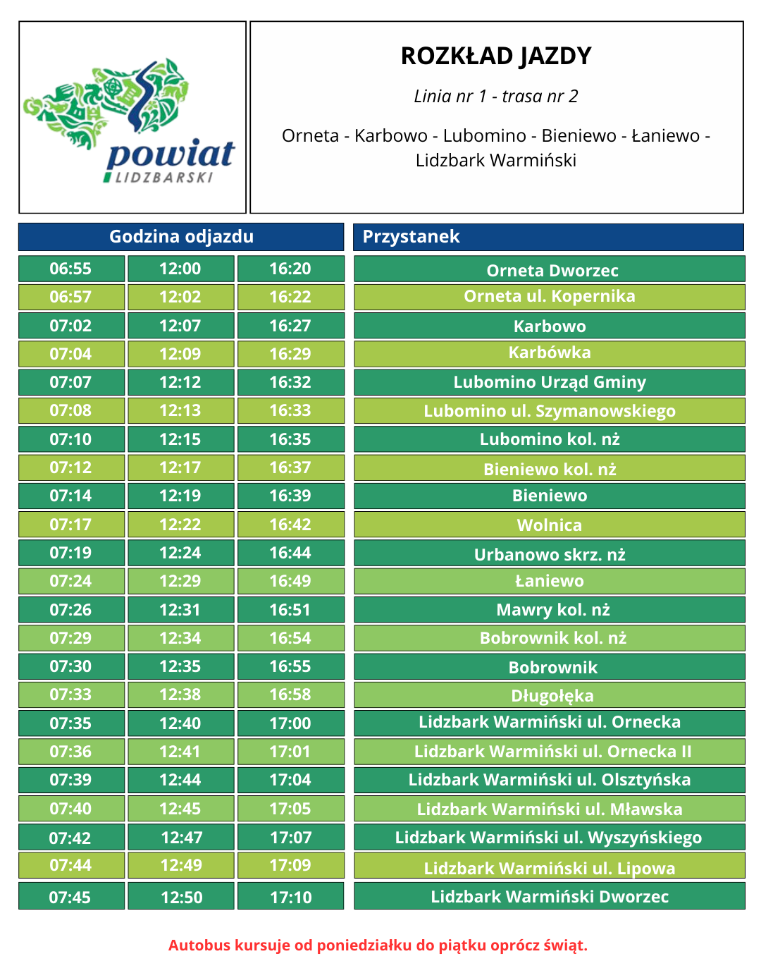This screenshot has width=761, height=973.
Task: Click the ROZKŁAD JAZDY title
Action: [x=496, y=56]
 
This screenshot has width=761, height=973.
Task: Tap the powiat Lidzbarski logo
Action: [x=132, y=118]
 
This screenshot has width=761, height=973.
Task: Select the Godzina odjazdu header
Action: [x=181, y=237]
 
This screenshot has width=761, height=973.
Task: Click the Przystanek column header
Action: [x=411, y=237]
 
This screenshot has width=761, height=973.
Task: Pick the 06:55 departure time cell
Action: [x=70, y=269]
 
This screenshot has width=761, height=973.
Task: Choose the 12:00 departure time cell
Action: [x=180, y=269]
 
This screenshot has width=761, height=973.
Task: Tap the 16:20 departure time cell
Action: [x=290, y=269]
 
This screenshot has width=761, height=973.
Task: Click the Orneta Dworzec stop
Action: [x=552, y=270]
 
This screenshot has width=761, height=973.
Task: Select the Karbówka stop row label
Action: [x=550, y=353]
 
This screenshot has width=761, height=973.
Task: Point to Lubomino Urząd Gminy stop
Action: [x=550, y=382]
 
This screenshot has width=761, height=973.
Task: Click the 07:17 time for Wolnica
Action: [x=70, y=525]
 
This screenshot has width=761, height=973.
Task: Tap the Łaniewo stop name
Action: [x=550, y=581]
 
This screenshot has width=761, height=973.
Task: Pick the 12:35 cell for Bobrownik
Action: [x=180, y=666]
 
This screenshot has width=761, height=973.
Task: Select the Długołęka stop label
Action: [x=552, y=696]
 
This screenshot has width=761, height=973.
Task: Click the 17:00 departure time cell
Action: [x=290, y=723]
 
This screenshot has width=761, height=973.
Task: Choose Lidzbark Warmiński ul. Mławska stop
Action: [x=550, y=809]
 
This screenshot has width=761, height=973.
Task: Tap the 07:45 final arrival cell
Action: [x=70, y=898]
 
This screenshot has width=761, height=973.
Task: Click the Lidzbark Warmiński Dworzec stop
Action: [x=550, y=897]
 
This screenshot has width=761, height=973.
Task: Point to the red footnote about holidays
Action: [x=378, y=945]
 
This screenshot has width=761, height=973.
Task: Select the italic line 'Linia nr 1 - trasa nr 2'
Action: [x=496, y=97]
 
